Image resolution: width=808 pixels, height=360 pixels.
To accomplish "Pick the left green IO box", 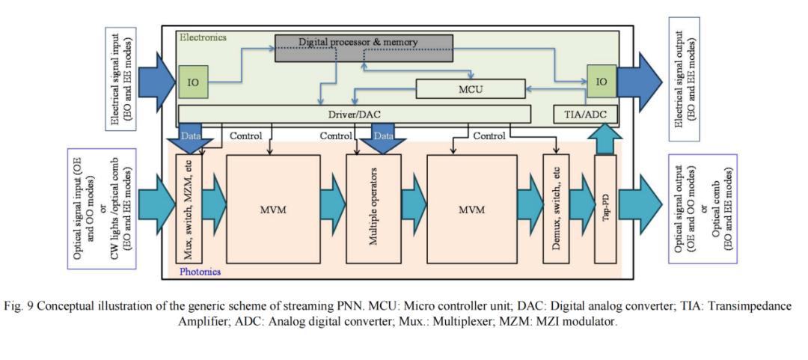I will click(192, 82).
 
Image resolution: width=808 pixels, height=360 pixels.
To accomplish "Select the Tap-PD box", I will click(605, 209).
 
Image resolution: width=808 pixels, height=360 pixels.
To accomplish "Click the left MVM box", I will click(272, 209).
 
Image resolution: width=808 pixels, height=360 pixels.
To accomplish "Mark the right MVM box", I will click(471, 209).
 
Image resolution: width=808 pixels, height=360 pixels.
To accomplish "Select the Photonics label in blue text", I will click(201, 272).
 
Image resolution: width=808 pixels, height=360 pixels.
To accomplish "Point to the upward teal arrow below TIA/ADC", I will click(605, 139).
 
